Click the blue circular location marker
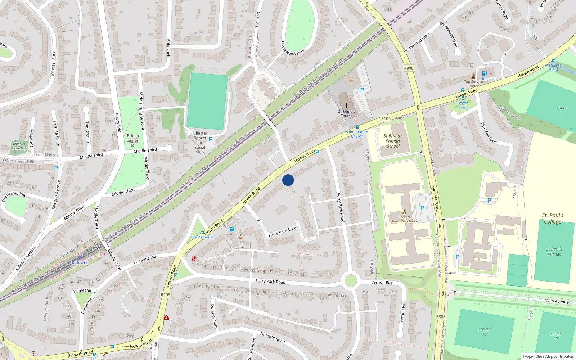(x=288, y=180)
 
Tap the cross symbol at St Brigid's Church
(x=347, y=106)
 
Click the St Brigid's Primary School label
(x=393, y=141)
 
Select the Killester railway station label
(x=80, y=263)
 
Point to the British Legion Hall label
(x=133, y=140)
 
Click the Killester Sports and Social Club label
(x=200, y=143)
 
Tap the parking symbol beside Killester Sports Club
(x=211, y=139)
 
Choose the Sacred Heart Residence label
(x=404, y=219)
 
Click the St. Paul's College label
(x=553, y=219)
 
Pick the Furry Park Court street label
(x=283, y=231)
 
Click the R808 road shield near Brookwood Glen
(x=409, y=68)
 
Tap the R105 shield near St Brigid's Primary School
(x=386, y=118)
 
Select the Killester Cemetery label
(x=19, y=146)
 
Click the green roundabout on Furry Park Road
(x=350, y=280)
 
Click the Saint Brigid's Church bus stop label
(x=357, y=134)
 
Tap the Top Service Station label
(x=473, y=84)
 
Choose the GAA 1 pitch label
(x=562, y=108)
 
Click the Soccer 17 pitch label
(x=485, y=331)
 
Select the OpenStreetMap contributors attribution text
(x=548, y=356)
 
